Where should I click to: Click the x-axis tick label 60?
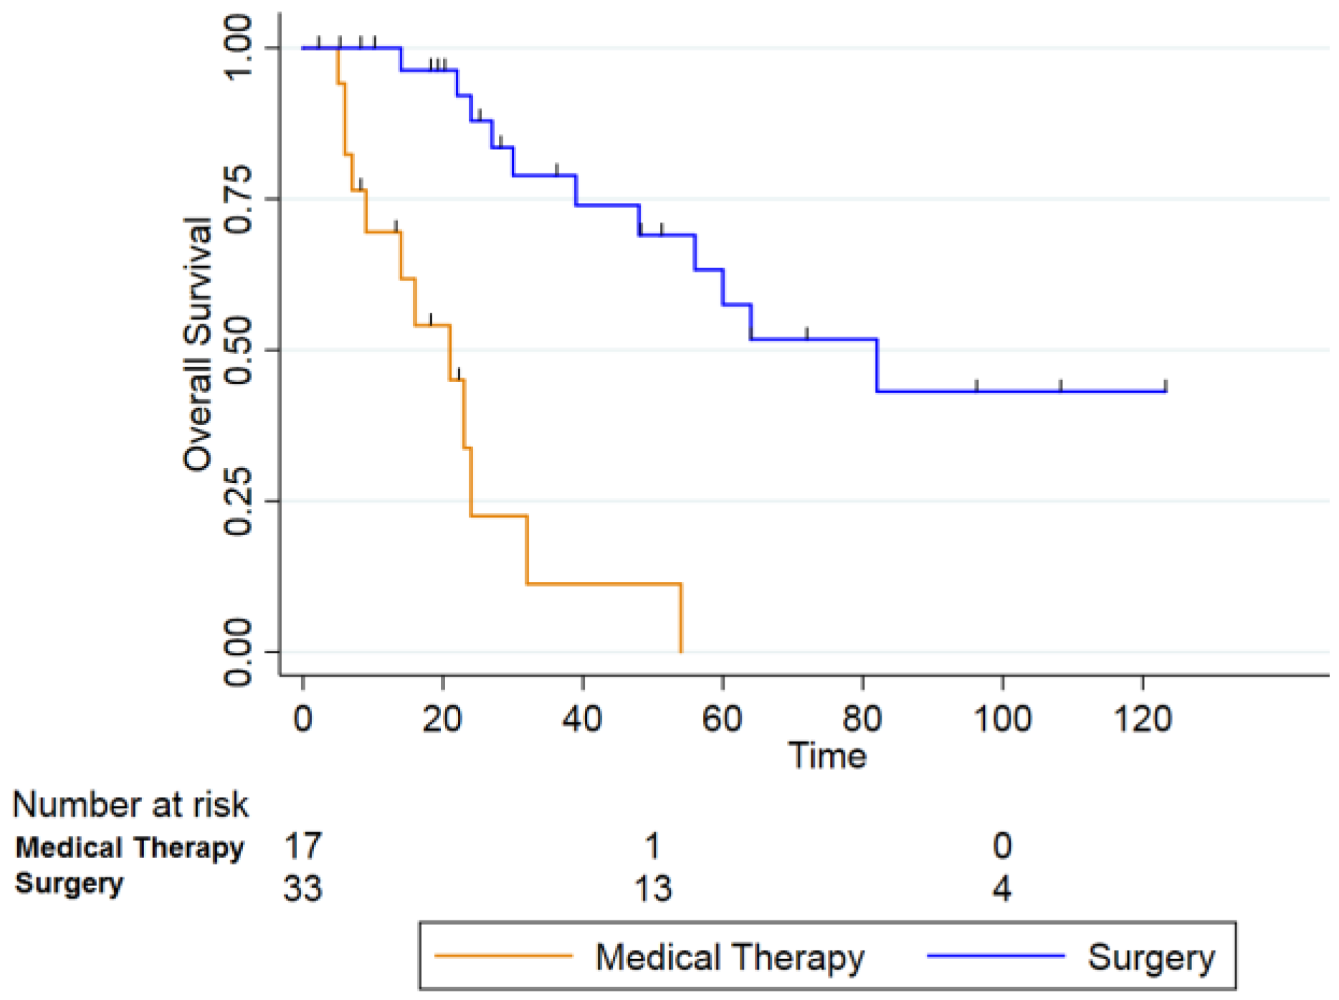[x=722, y=718]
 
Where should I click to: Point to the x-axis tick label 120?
[x=1142, y=718]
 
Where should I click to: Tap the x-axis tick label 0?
[x=303, y=718]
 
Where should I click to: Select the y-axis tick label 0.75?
[x=238, y=199]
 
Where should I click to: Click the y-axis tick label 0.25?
[x=238, y=501]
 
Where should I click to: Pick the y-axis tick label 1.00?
[x=238, y=47]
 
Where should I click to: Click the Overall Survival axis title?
[x=198, y=344]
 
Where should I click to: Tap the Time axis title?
[x=827, y=756]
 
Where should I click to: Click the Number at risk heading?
[x=130, y=804]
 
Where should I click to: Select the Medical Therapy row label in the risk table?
[x=130, y=848]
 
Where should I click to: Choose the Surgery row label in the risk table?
[x=70, y=884]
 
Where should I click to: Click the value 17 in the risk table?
[x=303, y=846]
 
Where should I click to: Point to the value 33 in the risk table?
[x=303, y=889]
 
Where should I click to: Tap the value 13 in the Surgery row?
[x=653, y=889]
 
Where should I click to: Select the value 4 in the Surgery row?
[x=1002, y=889]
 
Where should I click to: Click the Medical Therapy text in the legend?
[x=730, y=958]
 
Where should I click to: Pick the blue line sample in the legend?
[x=996, y=956]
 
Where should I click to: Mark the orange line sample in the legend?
[x=504, y=956]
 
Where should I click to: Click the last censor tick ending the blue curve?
[x=1166, y=386]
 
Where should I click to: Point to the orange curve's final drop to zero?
[x=681, y=618]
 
